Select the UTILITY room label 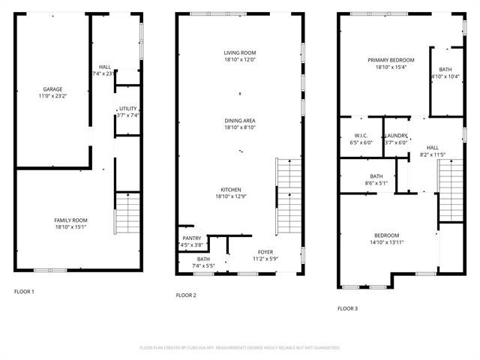coord(128,108)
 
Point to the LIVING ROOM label coord(239,52)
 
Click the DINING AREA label coord(239,120)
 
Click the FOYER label coord(266,251)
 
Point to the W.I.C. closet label coord(361,136)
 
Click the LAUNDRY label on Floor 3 coord(396,136)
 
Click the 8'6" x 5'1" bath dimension coord(376,183)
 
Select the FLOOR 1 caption coord(24,291)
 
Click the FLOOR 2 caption coord(186,295)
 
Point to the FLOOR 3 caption coord(347,308)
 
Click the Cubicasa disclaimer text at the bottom coord(240,347)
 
